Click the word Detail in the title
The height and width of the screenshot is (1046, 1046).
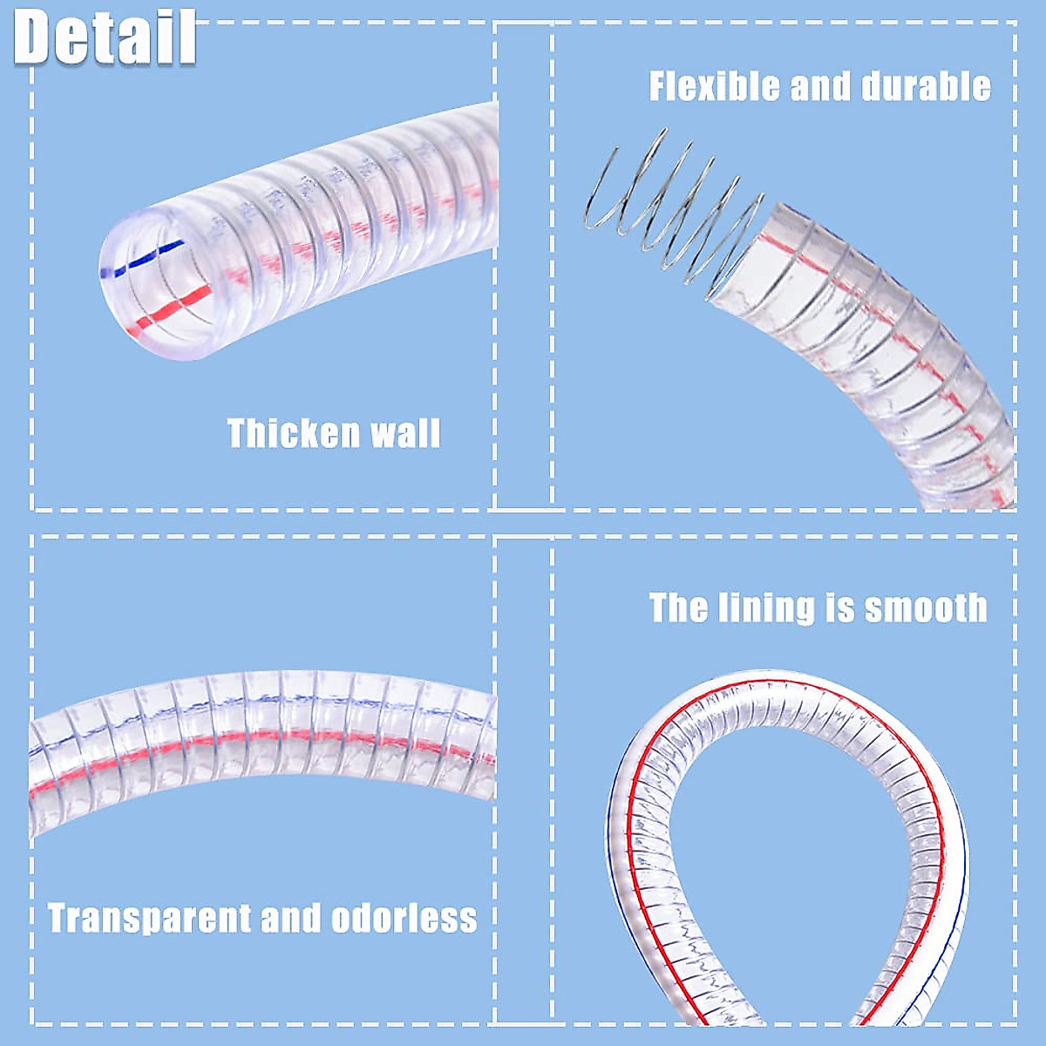(x=105, y=37)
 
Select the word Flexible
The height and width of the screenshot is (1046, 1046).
(x=714, y=87)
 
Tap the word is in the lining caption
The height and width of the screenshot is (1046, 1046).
(x=841, y=608)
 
